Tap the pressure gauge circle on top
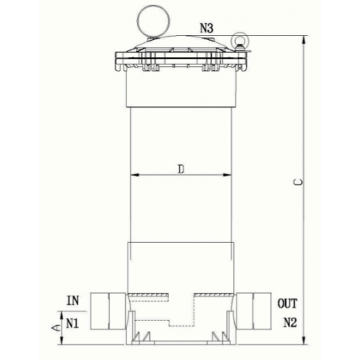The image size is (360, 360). [x=151, y=17]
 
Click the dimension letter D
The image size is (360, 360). [x=182, y=168]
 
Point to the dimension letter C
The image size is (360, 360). [x=296, y=182]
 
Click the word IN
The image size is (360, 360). [x=72, y=301]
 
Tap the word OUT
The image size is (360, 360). [x=287, y=303]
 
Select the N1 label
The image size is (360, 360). [x=72, y=323]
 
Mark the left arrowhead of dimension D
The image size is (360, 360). [x=133, y=174]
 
